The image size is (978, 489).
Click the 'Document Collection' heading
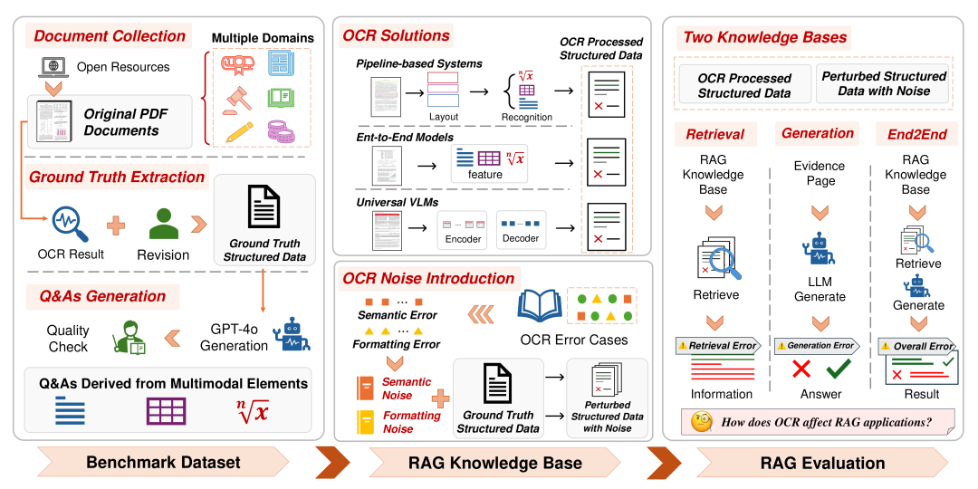pos(109,37)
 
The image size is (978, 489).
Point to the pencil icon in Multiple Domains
pos(233,131)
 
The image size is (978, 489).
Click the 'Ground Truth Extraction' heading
pos(117,177)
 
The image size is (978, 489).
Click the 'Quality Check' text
pos(69,340)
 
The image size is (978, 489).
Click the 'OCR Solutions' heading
pos(396,36)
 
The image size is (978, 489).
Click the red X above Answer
pos(801,369)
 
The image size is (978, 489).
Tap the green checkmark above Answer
pos(839,369)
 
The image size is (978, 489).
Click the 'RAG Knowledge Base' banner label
pos(494,463)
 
